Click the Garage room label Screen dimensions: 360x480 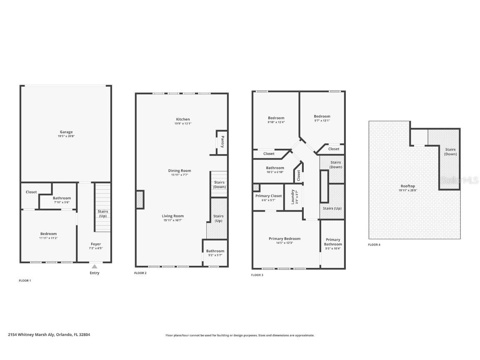pyautogui.click(x=66, y=132)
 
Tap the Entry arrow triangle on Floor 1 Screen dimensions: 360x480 pyautogui.click(x=95, y=267)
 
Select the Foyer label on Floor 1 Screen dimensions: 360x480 pyautogui.click(x=96, y=244)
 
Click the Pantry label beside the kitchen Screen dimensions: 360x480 pyautogui.click(x=222, y=142)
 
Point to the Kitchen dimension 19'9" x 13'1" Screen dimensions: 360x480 pyautogui.click(x=182, y=124)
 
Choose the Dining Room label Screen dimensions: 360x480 pyautogui.click(x=179, y=170)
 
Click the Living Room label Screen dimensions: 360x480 pyautogui.click(x=172, y=216)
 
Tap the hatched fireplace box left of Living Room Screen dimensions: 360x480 pyautogui.click(x=140, y=200)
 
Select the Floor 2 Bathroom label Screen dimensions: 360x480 pyautogui.click(x=215, y=251)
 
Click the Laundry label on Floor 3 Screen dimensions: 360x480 pyautogui.click(x=293, y=197)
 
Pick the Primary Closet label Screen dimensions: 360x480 pyautogui.click(x=268, y=196)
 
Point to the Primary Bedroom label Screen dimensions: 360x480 pyautogui.click(x=284, y=239)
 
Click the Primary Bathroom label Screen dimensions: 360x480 pyautogui.click(x=332, y=242)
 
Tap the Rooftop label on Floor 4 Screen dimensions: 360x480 pyautogui.click(x=407, y=186)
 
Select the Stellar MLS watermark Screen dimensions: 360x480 pyautogui.click(x=460, y=180)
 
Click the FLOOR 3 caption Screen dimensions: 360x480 pyautogui.click(x=257, y=275)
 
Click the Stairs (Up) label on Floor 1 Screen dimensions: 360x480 pyautogui.click(x=102, y=214)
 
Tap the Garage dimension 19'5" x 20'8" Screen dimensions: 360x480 pyautogui.click(x=66, y=137)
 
